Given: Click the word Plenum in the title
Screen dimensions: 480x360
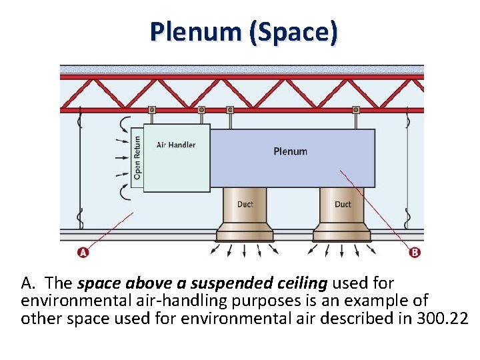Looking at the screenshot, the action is coord(195,31).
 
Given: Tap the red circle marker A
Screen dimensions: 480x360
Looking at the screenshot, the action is coord(83,252).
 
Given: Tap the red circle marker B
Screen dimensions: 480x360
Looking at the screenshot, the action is coord(414,252).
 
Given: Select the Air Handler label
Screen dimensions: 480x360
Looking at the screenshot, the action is coord(176,145).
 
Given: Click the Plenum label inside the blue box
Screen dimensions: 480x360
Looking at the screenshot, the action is coord(290,151).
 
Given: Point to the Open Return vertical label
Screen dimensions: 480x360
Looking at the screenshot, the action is coord(137,157).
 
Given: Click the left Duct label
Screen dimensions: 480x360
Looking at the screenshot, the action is coord(245,204).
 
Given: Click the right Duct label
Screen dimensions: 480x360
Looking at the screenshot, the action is coord(342,204).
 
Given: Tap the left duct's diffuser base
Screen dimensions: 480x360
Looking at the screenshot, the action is coord(245,233).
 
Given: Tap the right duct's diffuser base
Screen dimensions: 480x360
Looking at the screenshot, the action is coord(342,233).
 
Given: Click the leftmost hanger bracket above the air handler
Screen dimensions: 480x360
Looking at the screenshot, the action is coord(152,110).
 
